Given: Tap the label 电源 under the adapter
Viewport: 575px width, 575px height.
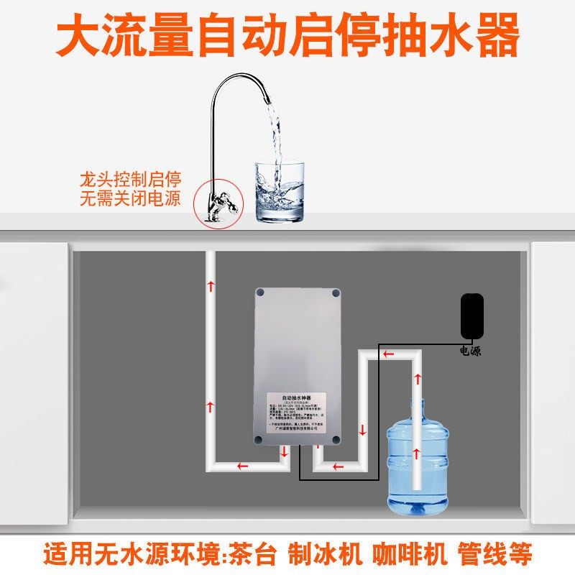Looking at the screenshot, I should click(472, 351).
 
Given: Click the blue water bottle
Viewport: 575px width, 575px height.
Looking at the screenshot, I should click(418, 460).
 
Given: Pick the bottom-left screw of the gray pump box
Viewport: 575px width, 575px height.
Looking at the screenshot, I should click(258, 439).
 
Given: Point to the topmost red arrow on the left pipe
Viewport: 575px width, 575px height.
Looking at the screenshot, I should click(211, 285).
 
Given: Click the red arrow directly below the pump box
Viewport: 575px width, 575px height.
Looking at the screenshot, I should click(285, 453).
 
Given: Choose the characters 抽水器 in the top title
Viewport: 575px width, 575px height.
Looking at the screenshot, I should click(453, 36).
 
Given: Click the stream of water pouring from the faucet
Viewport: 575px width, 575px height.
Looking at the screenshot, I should click(272, 137).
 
